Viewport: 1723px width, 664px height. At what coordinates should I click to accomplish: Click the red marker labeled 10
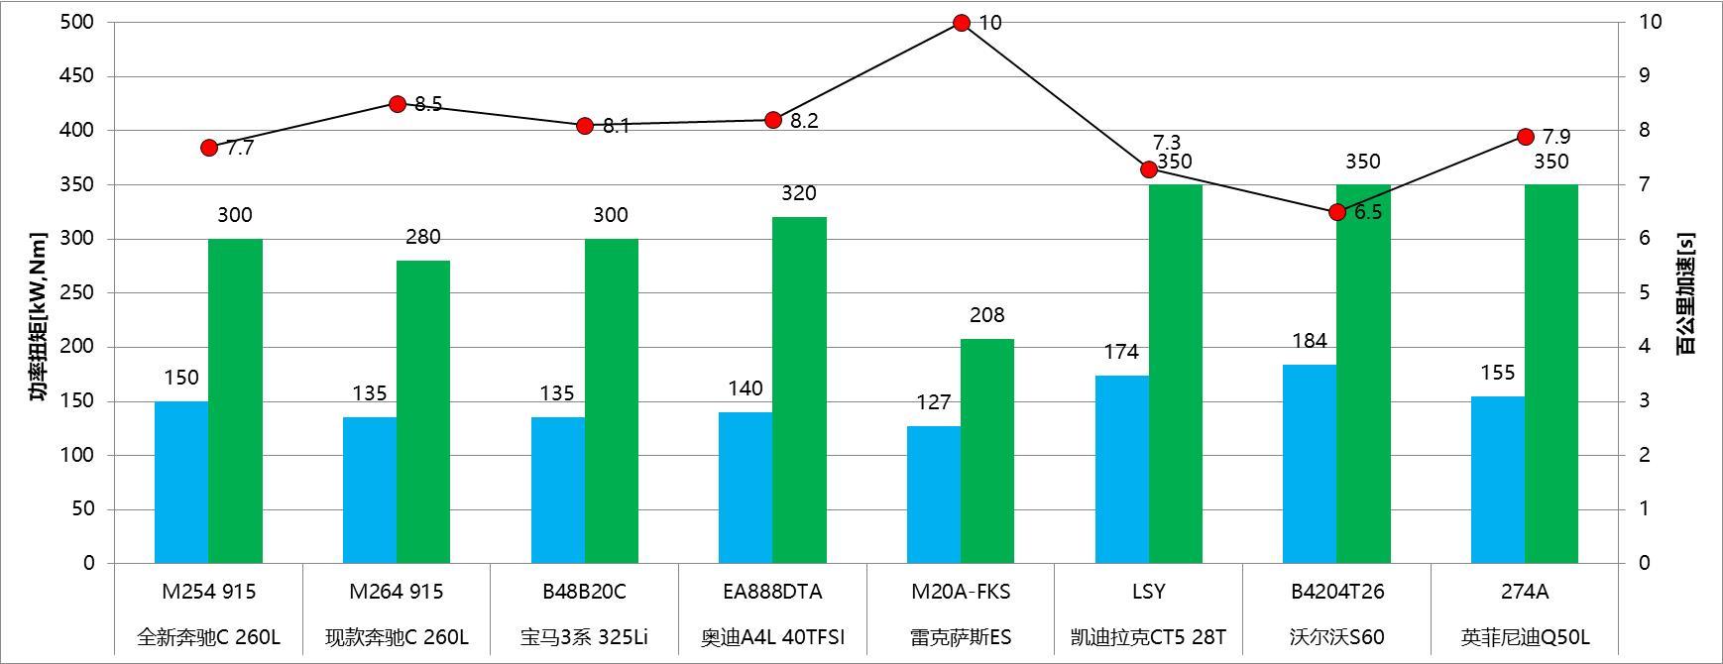click(961, 23)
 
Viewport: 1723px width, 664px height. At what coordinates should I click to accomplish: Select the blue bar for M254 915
click(181, 482)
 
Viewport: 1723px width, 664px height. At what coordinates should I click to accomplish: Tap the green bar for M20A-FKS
click(987, 451)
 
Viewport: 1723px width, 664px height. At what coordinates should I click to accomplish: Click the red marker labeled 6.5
click(1337, 212)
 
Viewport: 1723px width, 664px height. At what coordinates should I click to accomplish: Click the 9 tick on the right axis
click(1642, 76)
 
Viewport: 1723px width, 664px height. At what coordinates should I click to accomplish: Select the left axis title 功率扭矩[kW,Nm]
click(38, 317)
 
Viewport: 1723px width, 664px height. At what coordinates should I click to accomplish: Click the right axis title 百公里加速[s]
click(1685, 293)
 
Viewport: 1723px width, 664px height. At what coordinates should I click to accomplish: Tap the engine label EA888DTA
click(772, 592)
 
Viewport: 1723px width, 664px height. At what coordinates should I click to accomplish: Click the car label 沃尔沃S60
click(1337, 637)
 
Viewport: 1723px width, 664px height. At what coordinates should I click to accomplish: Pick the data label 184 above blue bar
click(1309, 341)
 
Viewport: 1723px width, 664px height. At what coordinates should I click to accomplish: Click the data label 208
click(986, 315)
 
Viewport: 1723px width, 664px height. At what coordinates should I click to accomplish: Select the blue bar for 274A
click(1497, 480)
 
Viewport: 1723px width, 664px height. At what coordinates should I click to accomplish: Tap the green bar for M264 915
click(423, 411)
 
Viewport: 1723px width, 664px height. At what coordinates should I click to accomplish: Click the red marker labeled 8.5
click(398, 104)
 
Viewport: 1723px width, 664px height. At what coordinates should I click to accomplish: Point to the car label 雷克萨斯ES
click(961, 637)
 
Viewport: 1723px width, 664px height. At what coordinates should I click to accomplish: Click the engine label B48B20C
click(584, 592)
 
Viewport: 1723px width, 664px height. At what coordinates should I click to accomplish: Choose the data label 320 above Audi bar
click(798, 193)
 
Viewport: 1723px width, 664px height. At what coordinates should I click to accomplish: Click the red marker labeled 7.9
click(1526, 137)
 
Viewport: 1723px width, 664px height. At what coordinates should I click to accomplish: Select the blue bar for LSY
click(1121, 469)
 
